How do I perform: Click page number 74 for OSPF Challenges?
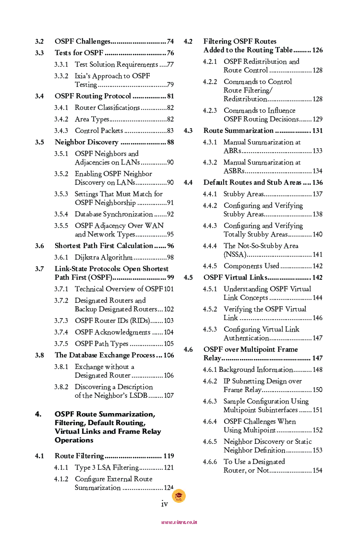click(170, 41)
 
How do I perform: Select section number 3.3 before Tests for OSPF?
click(39, 53)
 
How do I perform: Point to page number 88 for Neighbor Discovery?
click(170, 142)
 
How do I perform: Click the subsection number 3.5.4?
click(61, 214)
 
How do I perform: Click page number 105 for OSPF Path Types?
click(168, 344)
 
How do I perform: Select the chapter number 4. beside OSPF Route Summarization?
click(38, 414)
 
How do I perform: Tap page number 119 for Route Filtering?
click(168, 456)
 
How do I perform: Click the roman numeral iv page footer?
click(164, 503)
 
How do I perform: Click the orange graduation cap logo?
click(179, 496)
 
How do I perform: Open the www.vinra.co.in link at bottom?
click(179, 522)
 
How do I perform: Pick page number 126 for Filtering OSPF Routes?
click(317, 50)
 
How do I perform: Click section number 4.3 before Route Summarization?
click(188, 131)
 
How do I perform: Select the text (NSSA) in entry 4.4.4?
click(235, 254)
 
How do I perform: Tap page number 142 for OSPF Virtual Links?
click(317, 277)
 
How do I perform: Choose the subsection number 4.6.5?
click(210, 441)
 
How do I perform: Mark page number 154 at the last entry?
click(317, 470)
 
